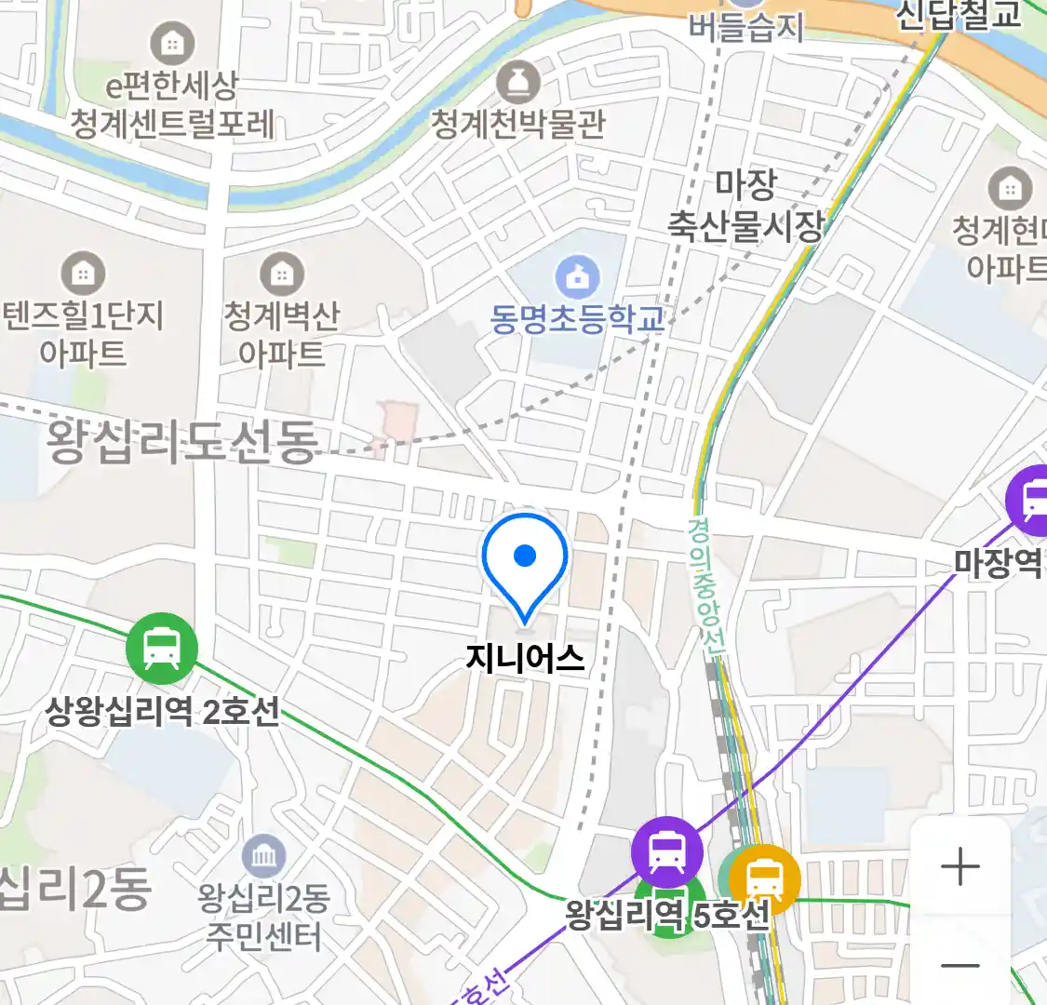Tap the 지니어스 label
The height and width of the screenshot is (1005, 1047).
click(525, 659)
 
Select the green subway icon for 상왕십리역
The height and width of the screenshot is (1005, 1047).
click(162, 648)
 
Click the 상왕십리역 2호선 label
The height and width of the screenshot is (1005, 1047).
click(162, 712)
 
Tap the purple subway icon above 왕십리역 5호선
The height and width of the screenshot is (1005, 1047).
click(667, 851)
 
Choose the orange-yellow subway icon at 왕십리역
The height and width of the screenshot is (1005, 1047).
click(764, 878)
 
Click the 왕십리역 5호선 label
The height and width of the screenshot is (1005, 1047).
click(667, 915)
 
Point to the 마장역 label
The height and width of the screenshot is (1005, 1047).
click(998, 562)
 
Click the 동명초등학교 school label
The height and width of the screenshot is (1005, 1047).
click(577, 318)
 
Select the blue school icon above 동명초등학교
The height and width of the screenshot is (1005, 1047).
click(577, 277)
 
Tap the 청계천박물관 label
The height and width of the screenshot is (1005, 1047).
click(517, 123)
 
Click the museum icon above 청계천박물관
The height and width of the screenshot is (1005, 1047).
click(517, 82)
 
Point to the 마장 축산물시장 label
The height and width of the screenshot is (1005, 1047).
click(745, 206)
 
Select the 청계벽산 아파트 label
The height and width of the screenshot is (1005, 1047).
click(281, 334)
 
